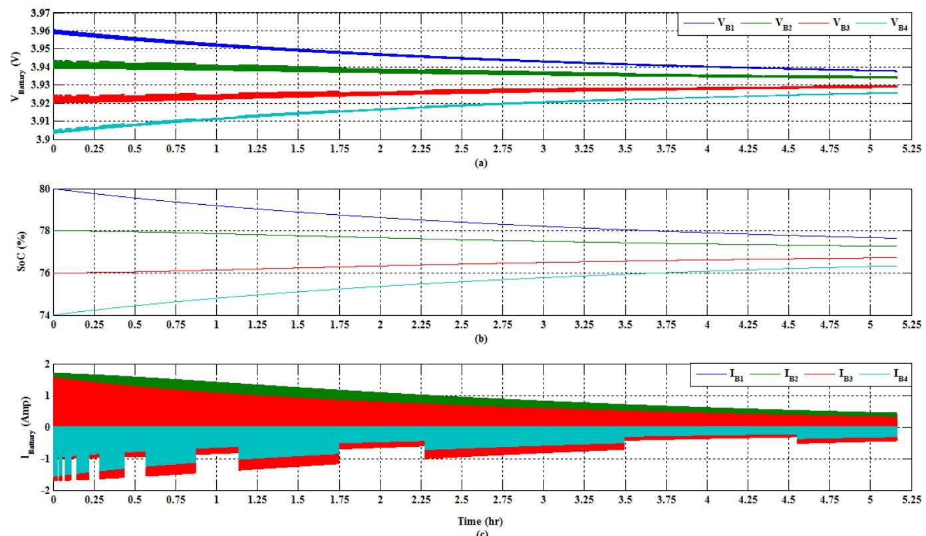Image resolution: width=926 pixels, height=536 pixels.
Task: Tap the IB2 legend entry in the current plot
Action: coord(778,377)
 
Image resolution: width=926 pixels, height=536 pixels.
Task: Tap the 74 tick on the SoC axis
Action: coord(45,315)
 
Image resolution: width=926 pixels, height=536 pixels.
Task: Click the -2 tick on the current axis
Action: coord(45,489)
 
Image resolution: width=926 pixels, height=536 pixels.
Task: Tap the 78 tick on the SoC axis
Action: coord(45,231)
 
